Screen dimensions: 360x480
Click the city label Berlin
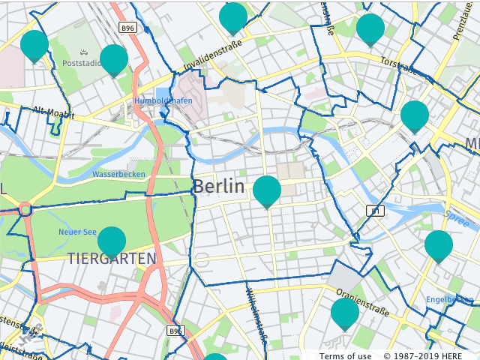point(218,187)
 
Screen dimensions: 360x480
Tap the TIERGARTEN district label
point(112,259)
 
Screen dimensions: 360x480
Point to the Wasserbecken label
point(118,174)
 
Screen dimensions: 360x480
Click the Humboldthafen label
point(163,100)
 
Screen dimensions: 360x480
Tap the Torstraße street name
point(398,66)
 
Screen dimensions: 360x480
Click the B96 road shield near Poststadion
point(128,28)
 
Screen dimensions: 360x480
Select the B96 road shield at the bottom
point(175,330)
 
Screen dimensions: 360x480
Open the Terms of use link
point(345,355)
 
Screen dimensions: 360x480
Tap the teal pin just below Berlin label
point(267,190)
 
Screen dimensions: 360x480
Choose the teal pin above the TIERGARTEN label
point(112,241)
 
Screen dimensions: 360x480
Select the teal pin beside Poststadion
point(113,59)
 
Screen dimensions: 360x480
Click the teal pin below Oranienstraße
point(345,312)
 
